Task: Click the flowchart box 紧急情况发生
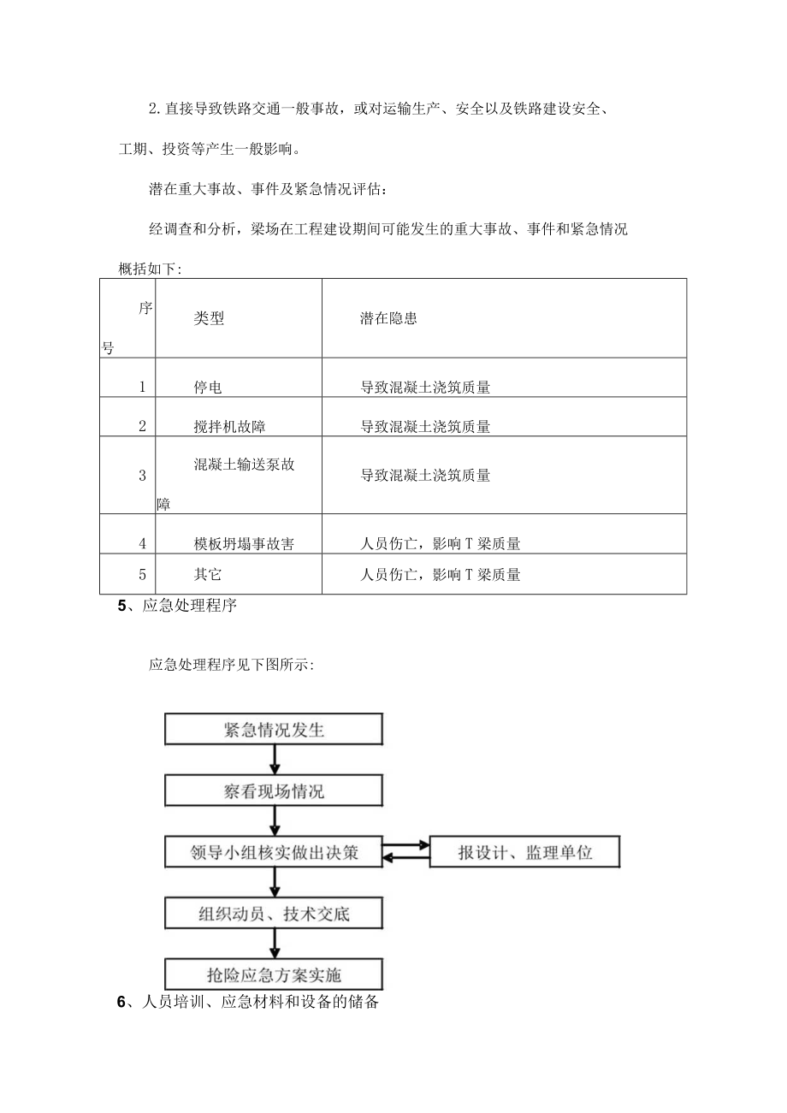[x=273, y=730]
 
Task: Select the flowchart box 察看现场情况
[x=273, y=791]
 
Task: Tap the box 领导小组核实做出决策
[x=273, y=853]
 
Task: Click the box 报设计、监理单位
[x=524, y=853]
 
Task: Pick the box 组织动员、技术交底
[x=273, y=914]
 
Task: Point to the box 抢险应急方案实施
[x=273, y=974]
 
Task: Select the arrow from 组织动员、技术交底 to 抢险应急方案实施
[x=274, y=944]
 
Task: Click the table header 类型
[x=209, y=318]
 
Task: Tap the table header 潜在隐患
[x=388, y=318]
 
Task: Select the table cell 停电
[x=208, y=388]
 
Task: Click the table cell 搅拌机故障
[x=229, y=426]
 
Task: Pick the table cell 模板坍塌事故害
[x=245, y=543]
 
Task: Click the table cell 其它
[x=208, y=575]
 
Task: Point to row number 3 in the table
[x=142, y=476]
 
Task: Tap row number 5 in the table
[x=142, y=575]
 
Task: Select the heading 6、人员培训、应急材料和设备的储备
[x=247, y=1003]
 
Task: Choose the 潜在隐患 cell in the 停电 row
[x=425, y=388]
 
